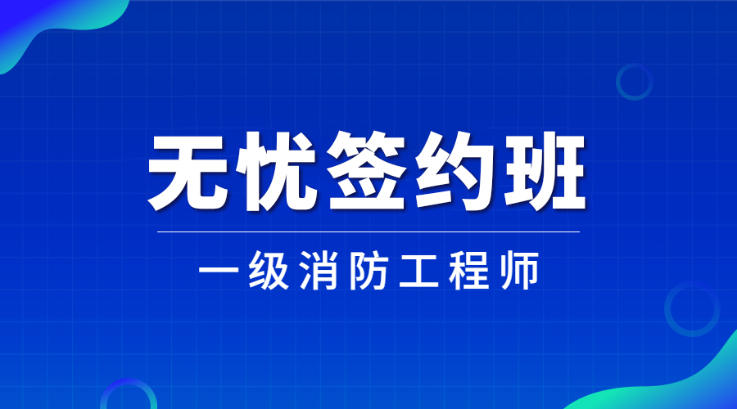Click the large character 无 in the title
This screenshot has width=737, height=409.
pos(186,172)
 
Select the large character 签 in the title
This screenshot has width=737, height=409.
pos(367,171)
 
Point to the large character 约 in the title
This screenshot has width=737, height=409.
pos(455,172)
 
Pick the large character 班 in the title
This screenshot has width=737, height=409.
pos(545,172)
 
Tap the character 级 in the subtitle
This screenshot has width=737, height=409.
pos(269,271)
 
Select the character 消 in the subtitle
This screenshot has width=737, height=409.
pos(319,271)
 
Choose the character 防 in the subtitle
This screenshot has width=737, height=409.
pos(369,271)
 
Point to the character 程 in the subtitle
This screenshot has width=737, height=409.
pos(469,271)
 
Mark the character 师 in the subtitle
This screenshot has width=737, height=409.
pos(519,271)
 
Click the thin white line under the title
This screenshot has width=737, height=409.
pos(368,231)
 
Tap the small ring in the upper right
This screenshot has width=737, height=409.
pos(617,82)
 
